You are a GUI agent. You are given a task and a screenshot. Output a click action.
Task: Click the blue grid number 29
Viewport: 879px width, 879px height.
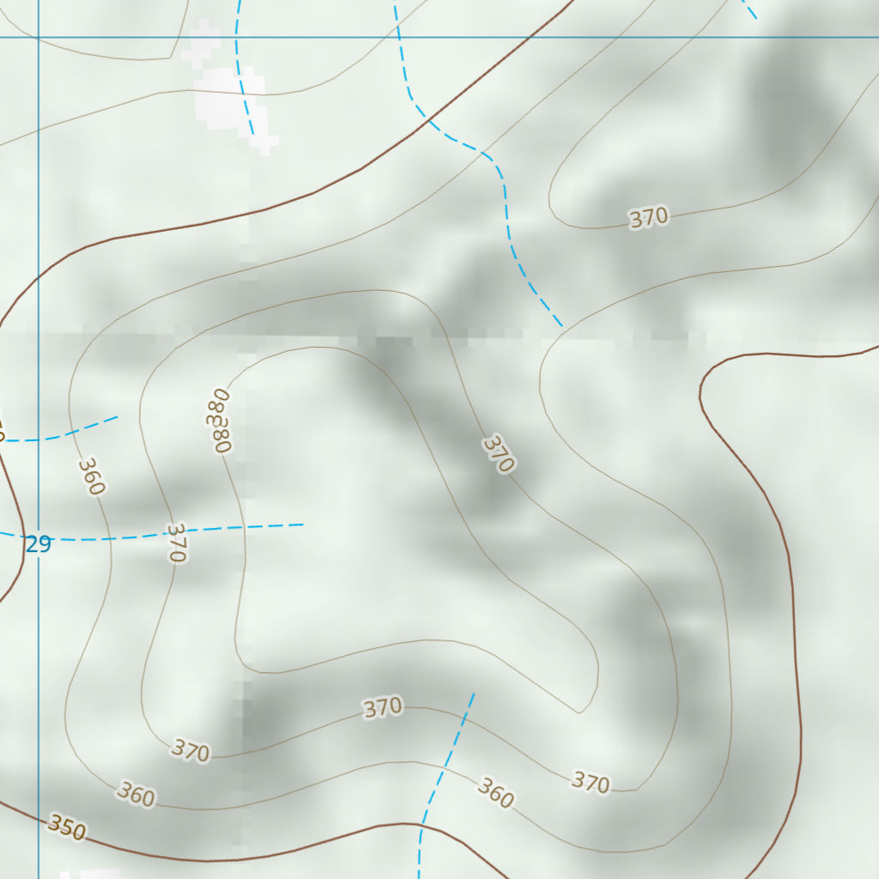39,543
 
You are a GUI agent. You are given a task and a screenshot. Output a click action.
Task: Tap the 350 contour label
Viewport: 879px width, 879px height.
66,827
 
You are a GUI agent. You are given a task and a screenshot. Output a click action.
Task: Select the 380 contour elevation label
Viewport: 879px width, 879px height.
220,421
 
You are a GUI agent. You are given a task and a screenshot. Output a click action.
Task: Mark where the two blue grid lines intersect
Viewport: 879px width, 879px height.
38,37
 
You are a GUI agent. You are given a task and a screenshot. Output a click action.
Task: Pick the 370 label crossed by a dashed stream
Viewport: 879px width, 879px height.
174,543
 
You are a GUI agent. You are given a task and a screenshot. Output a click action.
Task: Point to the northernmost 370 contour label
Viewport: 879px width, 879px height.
648,218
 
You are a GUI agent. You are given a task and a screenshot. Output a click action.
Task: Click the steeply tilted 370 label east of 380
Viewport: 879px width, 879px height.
498,453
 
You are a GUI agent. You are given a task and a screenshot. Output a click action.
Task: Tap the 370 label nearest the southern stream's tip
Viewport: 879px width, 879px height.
383,707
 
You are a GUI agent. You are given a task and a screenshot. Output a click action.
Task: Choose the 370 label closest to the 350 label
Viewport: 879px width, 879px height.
190,750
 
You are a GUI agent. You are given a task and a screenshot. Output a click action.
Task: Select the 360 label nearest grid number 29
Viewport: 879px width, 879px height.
91,476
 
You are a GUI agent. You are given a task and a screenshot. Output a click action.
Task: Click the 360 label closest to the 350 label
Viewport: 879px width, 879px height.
136,795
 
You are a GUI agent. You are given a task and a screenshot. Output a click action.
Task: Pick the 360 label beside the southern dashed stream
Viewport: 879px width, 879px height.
495,793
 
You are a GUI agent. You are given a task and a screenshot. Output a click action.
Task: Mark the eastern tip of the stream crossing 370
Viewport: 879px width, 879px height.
303,524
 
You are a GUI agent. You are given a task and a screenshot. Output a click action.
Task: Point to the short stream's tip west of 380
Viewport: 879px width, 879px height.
118,417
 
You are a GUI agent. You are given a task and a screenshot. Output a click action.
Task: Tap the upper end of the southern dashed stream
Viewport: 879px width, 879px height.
473,694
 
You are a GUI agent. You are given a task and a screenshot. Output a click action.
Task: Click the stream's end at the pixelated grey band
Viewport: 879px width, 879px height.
562,326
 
